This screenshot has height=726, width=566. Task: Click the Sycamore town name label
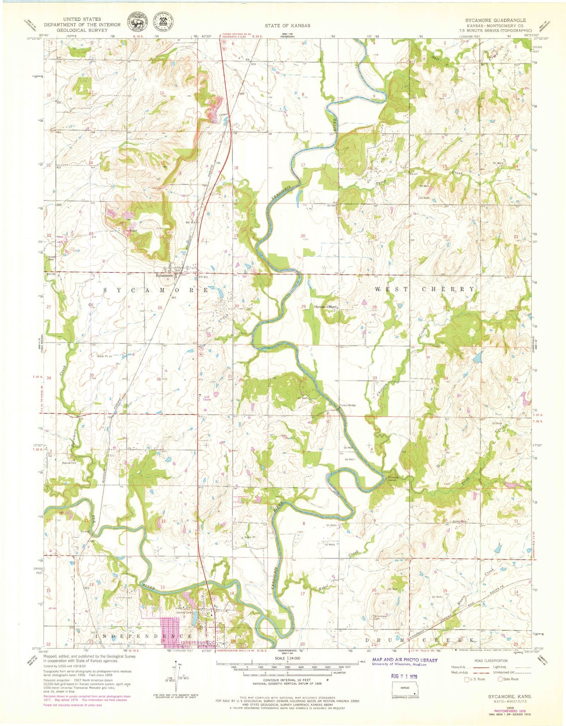click(164, 275)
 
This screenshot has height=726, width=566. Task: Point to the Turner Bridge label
click(348, 405)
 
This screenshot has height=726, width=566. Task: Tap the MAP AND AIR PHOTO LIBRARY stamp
click(405, 660)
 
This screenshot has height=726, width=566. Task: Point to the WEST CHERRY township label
click(425, 289)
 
